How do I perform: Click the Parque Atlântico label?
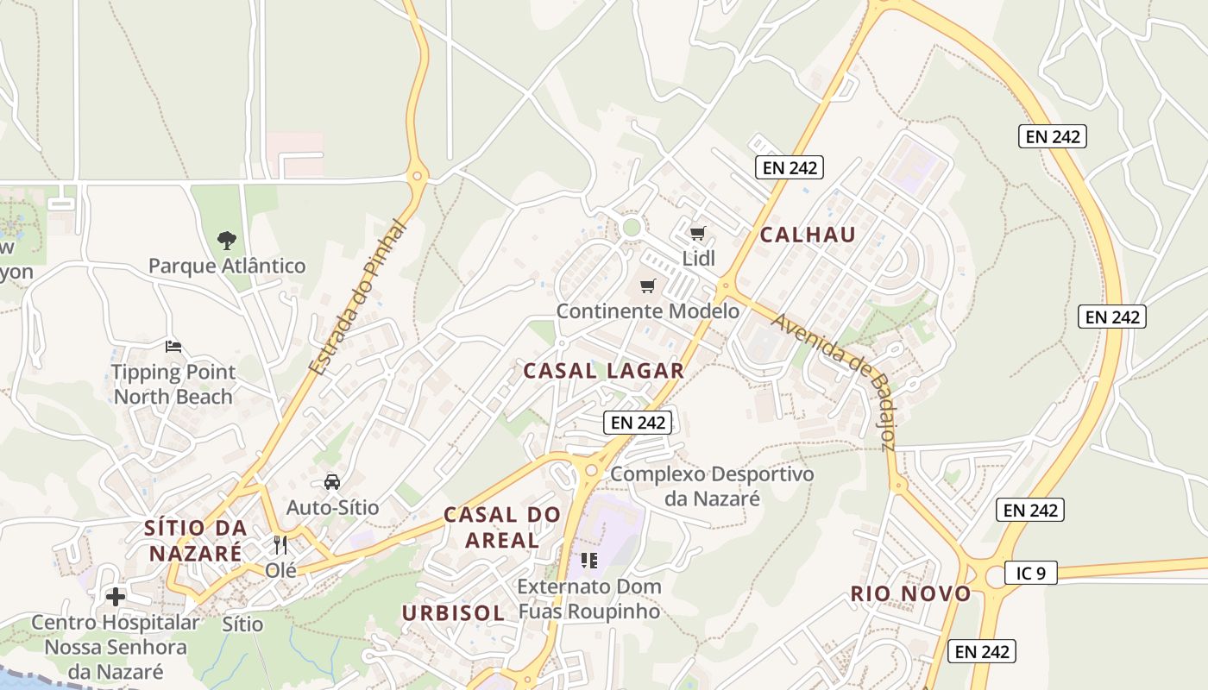point(227,266)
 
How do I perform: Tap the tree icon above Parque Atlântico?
point(227,240)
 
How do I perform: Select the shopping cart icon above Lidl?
point(698,233)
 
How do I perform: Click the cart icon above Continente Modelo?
point(648,285)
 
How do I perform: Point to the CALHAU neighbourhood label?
point(808,235)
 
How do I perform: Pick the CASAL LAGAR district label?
point(604,371)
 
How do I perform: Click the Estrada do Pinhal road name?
point(357,298)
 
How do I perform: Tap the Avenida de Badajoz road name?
point(834,380)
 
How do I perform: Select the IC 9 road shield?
point(1030,573)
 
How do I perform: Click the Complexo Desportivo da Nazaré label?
point(712,486)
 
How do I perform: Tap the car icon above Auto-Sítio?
point(332,482)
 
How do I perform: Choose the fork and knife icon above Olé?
point(280,545)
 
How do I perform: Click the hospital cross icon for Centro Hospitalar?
point(116,597)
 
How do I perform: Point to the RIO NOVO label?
point(910,593)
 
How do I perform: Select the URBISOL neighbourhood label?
point(453,613)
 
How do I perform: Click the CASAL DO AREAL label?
point(502,527)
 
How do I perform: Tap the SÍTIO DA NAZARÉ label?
point(196,540)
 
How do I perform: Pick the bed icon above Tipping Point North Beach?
point(173,347)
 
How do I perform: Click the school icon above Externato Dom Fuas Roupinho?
point(589,561)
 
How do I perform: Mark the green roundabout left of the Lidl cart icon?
point(632,227)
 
